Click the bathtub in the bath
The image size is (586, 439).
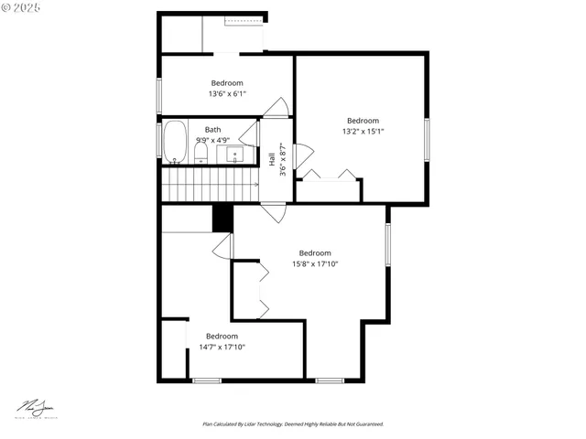tap(175, 142)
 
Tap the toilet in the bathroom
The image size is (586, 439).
tap(201, 152)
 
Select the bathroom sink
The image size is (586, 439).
tap(234, 154)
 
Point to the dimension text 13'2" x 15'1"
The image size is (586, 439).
tap(363, 131)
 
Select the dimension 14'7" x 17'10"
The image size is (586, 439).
tap(222, 347)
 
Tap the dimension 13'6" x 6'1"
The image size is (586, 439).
tap(227, 93)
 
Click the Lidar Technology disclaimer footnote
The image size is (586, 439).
tap(293, 424)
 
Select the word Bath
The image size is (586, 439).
tap(212, 130)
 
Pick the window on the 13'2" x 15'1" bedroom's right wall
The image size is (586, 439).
tap(426, 138)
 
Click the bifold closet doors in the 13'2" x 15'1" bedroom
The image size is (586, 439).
tap(330, 175)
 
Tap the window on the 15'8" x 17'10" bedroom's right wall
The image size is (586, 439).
tap(388, 251)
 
